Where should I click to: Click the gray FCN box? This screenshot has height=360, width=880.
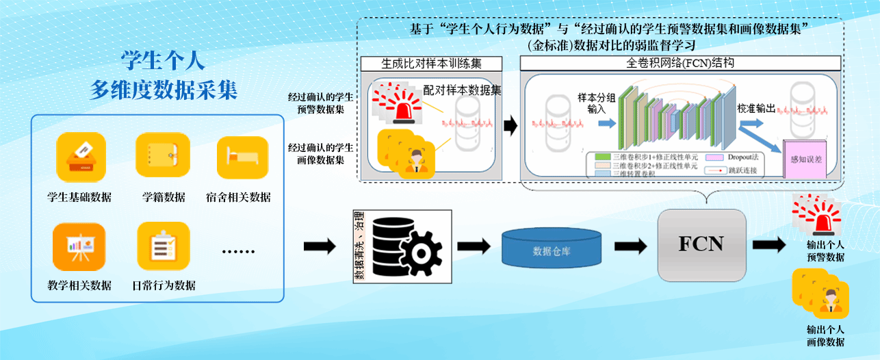pos(701,243)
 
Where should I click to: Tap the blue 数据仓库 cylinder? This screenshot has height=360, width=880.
pos(551,248)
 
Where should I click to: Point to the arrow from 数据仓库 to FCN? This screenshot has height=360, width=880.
pos(630,246)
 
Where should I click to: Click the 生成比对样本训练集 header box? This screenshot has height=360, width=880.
pos(431,63)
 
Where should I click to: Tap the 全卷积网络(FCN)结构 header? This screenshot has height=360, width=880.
pos(680,63)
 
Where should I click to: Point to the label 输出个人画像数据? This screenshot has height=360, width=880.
pos(825,335)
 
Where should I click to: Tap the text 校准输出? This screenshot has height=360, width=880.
pos(756,109)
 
